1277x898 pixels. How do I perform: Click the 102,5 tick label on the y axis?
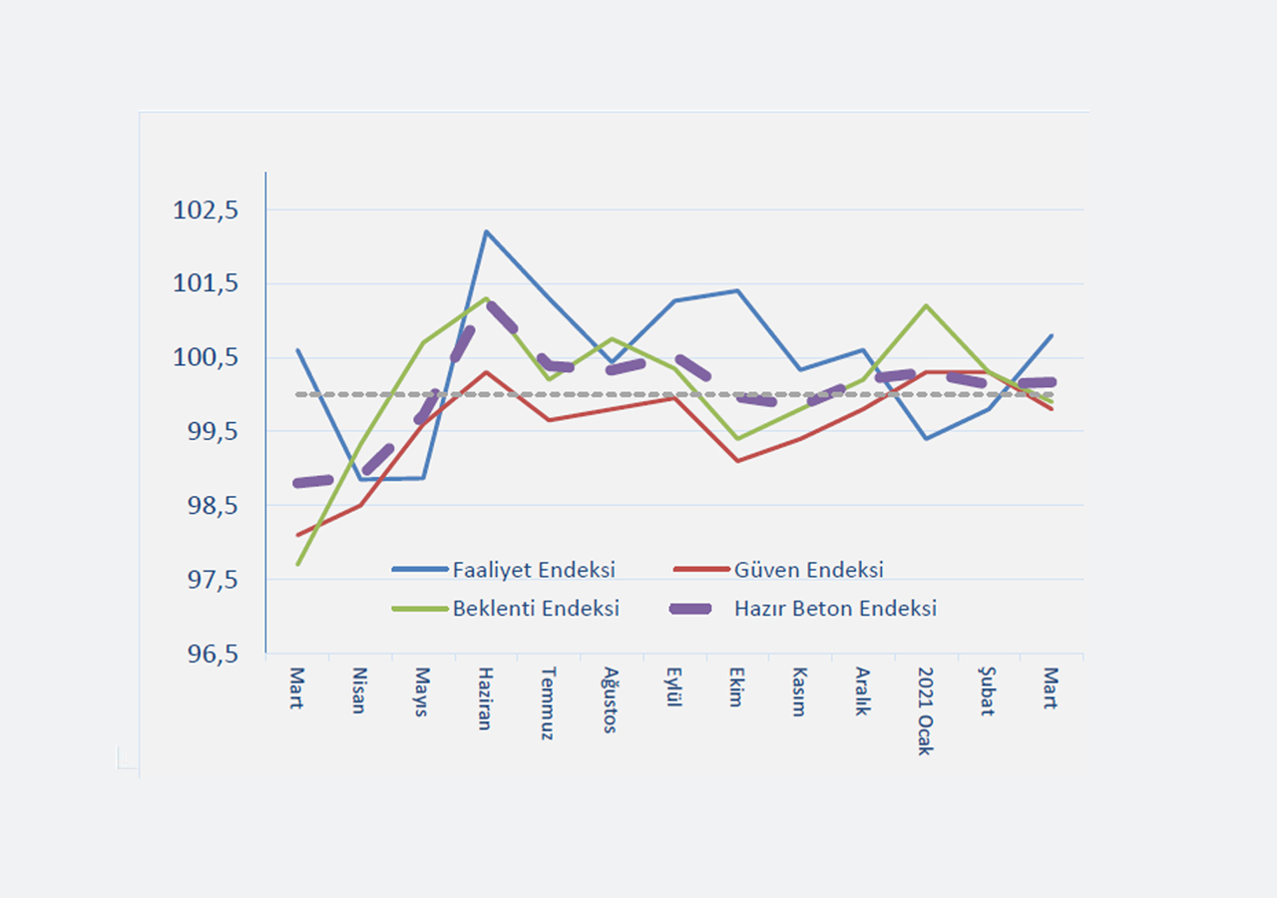pos(206,211)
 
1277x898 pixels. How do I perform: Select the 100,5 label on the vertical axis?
pos(206,358)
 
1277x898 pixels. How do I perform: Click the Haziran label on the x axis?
pos(484,698)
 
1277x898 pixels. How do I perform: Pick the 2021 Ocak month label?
pos(925,711)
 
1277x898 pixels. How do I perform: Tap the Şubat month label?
pos(987,690)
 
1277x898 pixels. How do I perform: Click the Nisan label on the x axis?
pos(358,689)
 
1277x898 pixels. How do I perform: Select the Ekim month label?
pos(735,686)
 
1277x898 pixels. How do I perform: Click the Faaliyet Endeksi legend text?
pos(534,571)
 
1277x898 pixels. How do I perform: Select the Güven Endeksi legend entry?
pos(809,571)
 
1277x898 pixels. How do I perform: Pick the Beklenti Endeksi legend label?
pos(536,609)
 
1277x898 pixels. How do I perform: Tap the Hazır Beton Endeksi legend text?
pos(836,609)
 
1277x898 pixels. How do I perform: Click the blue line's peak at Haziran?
pos(486,231)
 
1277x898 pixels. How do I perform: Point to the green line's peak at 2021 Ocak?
pos(926,305)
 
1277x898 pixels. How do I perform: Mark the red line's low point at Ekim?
pos(737,461)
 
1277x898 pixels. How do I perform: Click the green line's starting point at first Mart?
pos(297,565)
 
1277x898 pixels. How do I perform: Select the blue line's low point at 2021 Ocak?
pos(926,439)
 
